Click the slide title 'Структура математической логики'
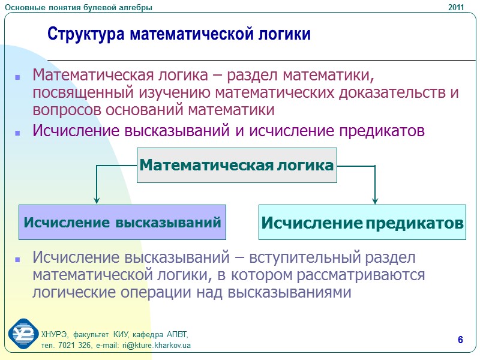(x=179, y=34)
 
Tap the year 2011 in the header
(x=457, y=7)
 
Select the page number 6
(x=460, y=341)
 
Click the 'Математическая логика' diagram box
(x=237, y=165)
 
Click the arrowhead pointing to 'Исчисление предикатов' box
(x=375, y=199)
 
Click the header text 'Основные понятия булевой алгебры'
(x=78, y=7)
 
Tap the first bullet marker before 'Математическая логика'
(x=17, y=77)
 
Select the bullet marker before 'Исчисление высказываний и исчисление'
(x=17, y=131)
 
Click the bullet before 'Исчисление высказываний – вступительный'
(x=17, y=260)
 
